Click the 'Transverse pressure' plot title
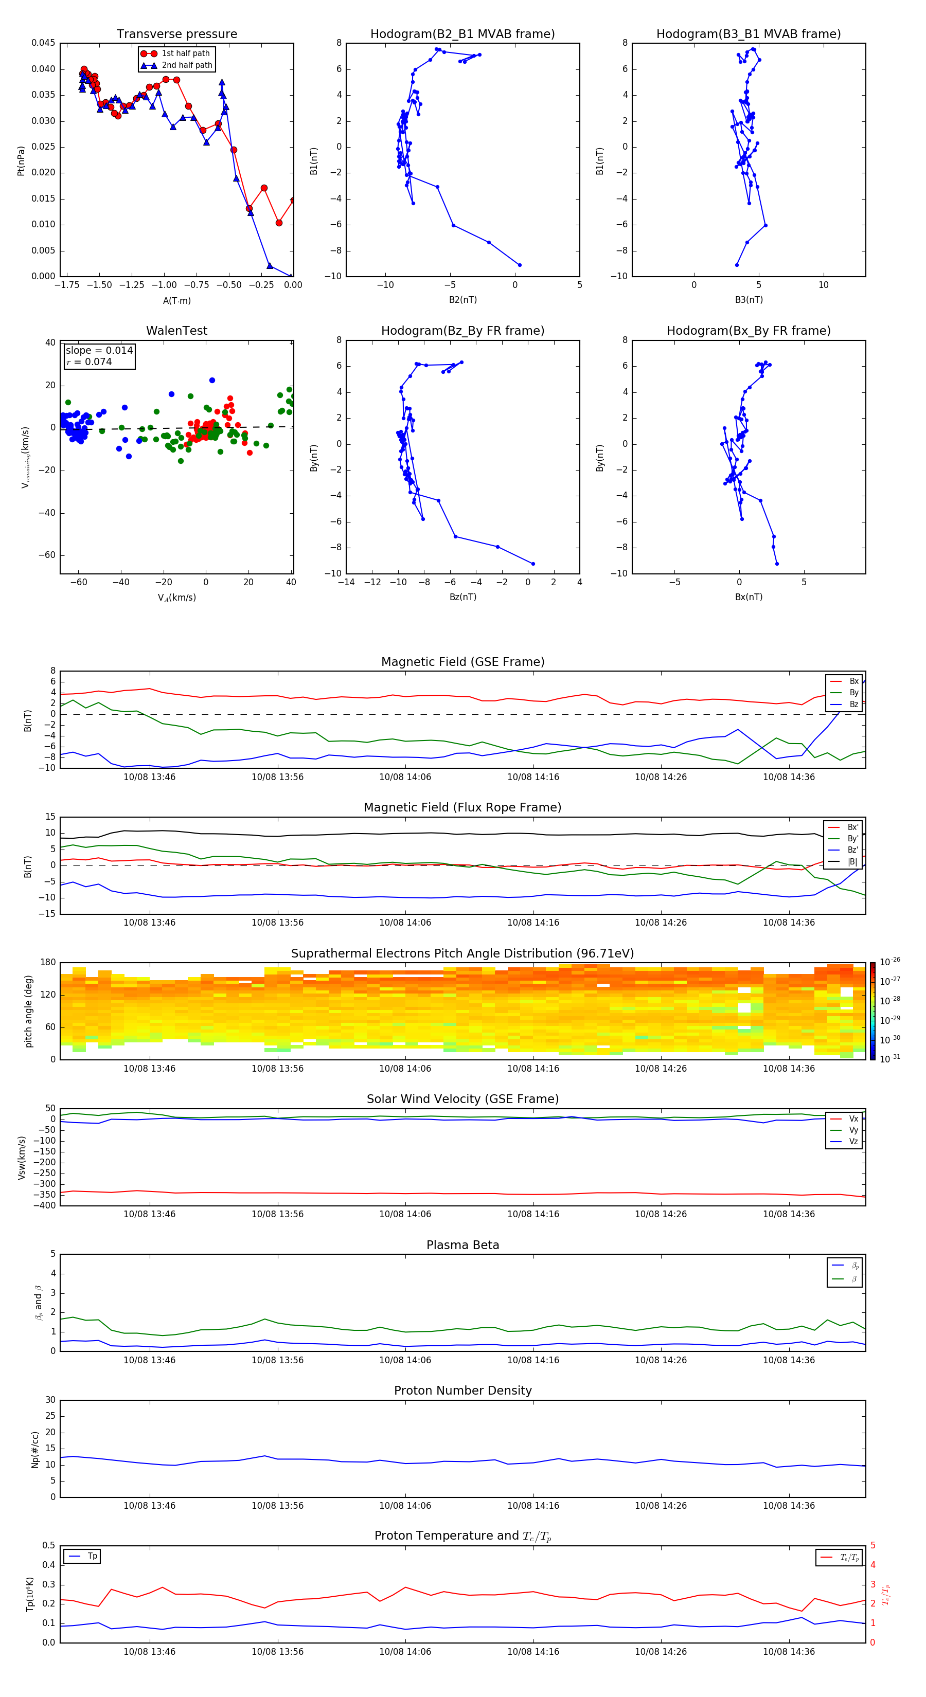176,34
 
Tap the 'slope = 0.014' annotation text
99,351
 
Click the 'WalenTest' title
176,331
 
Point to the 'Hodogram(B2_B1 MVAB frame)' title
462,34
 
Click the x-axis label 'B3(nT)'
749,300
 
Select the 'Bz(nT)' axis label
462,597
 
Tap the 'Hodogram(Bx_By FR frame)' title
748,331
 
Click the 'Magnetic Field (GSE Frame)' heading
462,662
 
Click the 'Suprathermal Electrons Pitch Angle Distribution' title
462,953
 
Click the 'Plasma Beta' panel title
462,1245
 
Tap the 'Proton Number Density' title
462,1391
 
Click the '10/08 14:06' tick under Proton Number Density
405,1505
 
